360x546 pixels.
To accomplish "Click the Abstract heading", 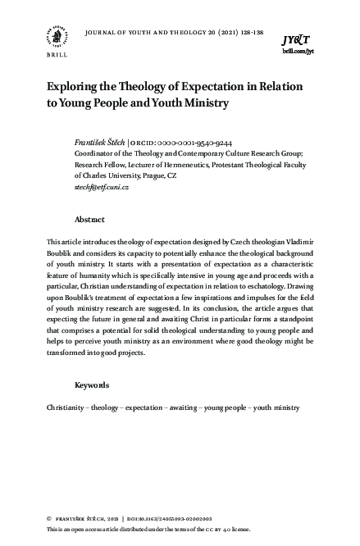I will [89, 220].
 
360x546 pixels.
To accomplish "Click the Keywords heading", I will [93, 384].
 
